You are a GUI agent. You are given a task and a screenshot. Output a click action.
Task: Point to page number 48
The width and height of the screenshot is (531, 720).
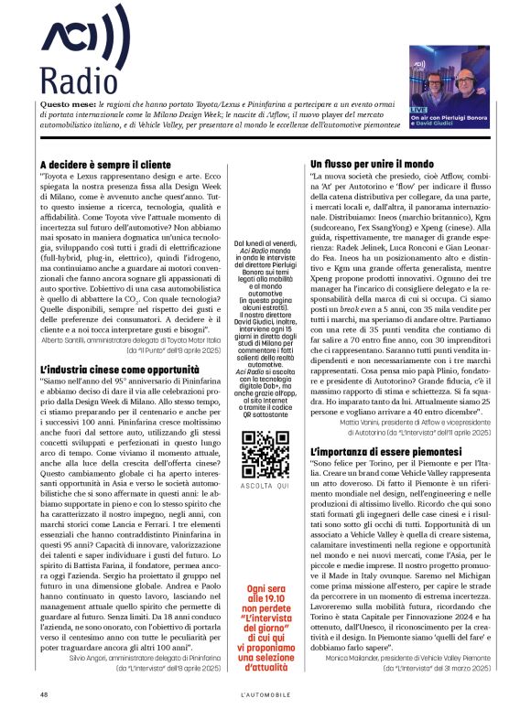(44, 694)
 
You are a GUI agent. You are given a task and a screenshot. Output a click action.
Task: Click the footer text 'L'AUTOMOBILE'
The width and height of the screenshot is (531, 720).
(265, 694)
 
